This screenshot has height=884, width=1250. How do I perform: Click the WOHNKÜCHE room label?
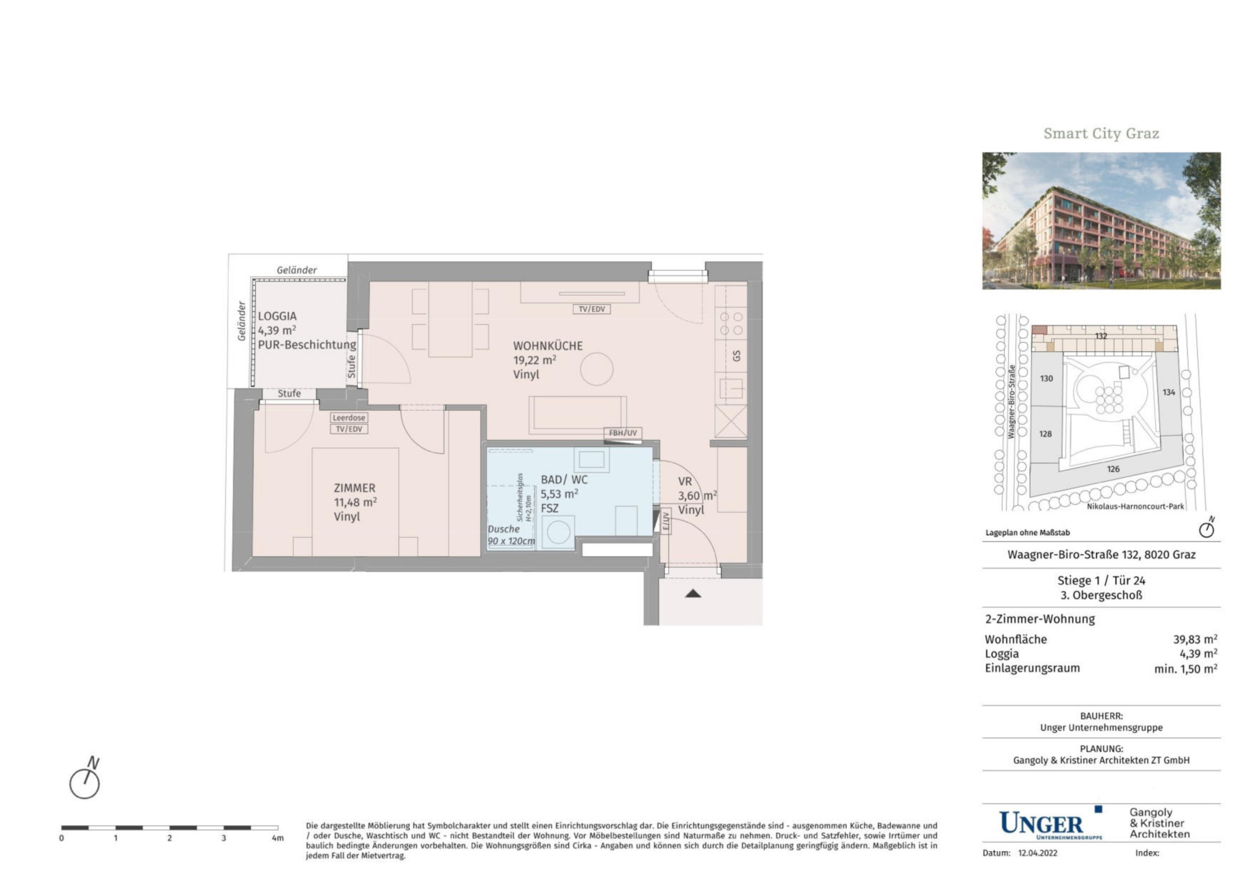(x=548, y=346)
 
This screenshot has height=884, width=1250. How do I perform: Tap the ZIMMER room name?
(x=354, y=488)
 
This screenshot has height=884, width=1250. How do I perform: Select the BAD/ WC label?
(x=564, y=480)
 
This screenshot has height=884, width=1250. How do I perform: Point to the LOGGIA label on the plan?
(x=277, y=316)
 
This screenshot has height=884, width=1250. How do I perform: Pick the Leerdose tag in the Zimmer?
(x=349, y=418)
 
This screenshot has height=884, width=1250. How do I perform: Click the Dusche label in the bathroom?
(x=504, y=529)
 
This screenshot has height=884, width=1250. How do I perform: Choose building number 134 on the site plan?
(x=1169, y=392)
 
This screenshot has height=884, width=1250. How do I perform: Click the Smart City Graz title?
(x=1101, y=133)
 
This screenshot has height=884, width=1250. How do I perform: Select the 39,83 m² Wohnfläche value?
(x=1195, y=640)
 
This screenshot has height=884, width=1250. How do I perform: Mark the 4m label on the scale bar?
(x=277, y=838)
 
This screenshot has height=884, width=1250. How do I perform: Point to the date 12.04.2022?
(x=1037, y=853)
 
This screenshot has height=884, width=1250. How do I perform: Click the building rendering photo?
(x=1101, y=220)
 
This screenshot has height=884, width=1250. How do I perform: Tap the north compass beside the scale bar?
(x=85, y=780)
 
